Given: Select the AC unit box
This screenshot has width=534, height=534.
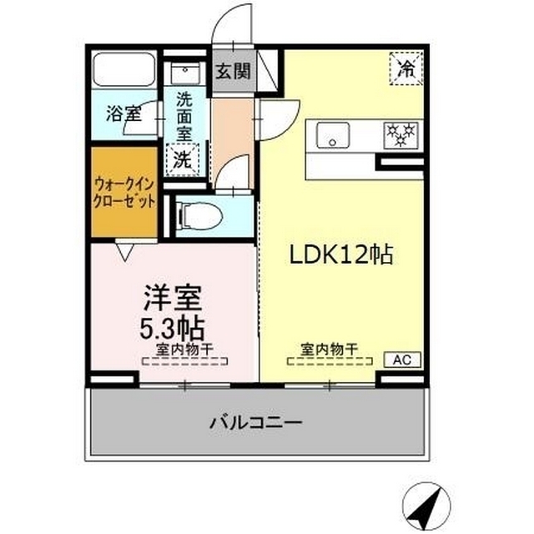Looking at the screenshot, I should (402, 360).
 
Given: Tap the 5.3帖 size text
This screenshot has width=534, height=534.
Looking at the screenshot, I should (174, 325).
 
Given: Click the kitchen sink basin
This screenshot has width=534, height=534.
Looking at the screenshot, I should (335, 133).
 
